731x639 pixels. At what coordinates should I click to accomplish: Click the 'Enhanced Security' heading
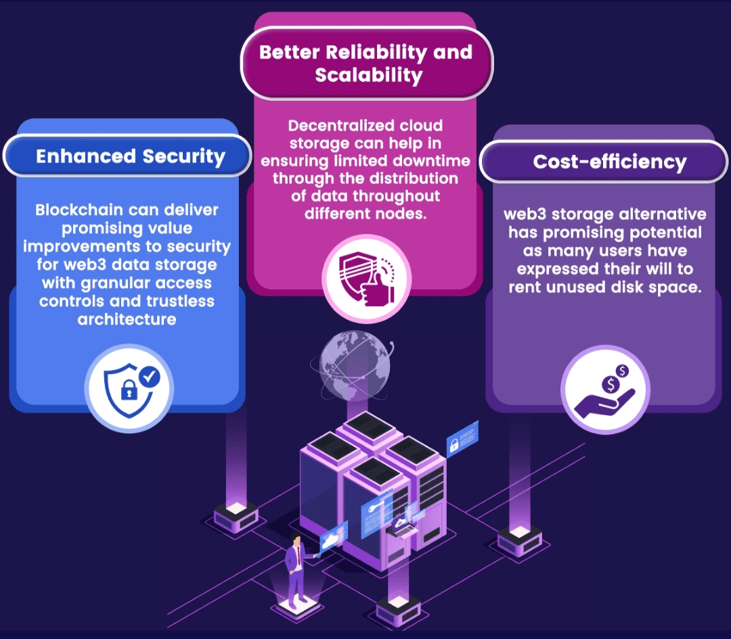131,156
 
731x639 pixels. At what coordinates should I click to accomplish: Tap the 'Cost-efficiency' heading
609,162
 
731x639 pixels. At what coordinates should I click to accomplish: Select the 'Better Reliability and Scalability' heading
366,64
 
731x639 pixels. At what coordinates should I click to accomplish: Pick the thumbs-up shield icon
367,279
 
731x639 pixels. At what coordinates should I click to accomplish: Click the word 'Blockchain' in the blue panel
77,210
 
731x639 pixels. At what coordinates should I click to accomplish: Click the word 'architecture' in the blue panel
127,319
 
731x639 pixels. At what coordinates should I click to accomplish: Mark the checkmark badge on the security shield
150,377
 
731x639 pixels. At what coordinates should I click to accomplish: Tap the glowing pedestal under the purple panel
519,541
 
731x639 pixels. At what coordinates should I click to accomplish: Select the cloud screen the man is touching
334,538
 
